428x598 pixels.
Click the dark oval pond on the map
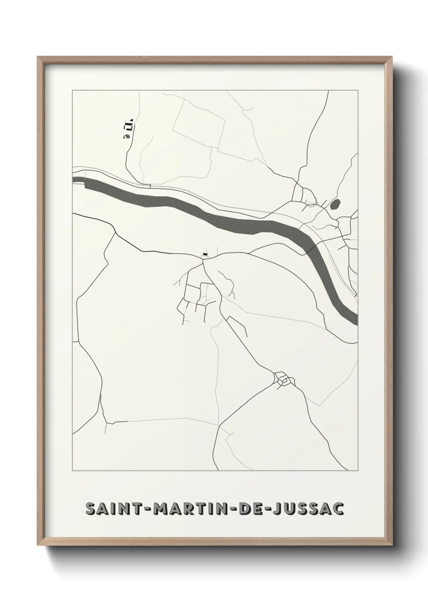[335, 204]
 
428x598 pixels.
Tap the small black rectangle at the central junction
[205, 254]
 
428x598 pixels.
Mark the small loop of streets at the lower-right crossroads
[284, 379]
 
